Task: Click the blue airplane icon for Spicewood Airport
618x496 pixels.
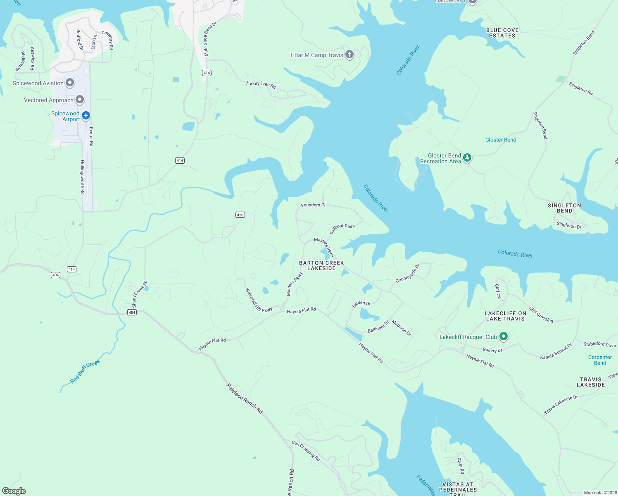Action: pos(86,115)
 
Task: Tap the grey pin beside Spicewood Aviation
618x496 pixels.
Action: pos(70,83)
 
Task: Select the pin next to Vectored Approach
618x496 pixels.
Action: pos(80,100)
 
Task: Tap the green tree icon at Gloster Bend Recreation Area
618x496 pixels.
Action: pos(467,157)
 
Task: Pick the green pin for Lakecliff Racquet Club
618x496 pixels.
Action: pos(503,336)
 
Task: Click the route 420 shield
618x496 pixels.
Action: pos(240,215)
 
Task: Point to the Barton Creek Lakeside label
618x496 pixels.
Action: pos(321,265)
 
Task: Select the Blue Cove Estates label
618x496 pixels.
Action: pos(502,33)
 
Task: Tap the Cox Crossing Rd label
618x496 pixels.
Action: pos(306,451)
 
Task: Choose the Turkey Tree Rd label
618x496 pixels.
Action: pos(261,84)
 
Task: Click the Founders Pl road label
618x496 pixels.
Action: pos(313,205)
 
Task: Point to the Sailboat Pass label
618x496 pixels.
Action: pos(342,229)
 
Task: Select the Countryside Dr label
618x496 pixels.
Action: pos(407,273)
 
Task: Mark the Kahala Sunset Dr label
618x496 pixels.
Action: pos(556,351)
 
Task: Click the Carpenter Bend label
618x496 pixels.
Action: pos(600,360)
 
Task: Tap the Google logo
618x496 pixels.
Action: pos(14,491)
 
